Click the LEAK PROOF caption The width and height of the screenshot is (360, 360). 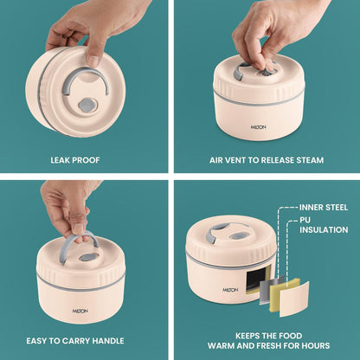tap(75, 160)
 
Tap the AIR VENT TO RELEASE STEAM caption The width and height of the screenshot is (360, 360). tap(267, 160)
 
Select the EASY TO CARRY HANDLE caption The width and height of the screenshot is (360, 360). tap(75, 341)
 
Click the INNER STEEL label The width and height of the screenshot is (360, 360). tap(324, 208)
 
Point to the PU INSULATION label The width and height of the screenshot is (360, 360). tap(324, 225)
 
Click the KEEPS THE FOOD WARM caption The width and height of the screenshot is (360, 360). tap(268, 341)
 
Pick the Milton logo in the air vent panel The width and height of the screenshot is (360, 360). tap(258, 127)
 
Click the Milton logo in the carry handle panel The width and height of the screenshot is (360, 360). tap(80, 311)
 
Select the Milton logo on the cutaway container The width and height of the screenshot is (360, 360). tap(230, 289)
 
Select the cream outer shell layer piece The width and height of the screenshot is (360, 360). tap(294, 299)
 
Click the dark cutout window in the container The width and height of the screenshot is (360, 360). tap(257, 279)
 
